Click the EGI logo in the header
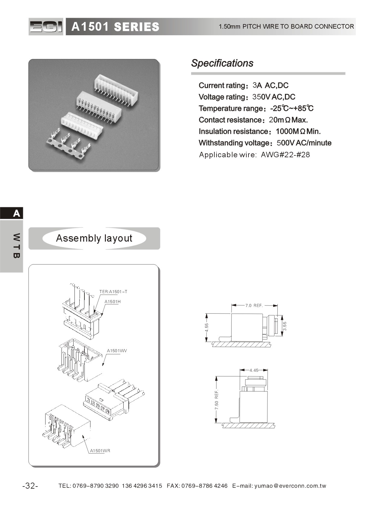point(46,27)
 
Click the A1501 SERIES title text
point(115,27)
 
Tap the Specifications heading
point(222,63)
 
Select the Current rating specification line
point(243,86)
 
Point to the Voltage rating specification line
point(247,97)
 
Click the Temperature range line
point(256,108)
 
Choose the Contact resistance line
point(253,120)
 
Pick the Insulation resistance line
point(259,131)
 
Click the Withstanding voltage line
point(265,143)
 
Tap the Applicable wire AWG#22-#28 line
point(254,155)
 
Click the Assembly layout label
point(94,238)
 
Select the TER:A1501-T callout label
point(113,292)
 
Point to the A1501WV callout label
point(117,351)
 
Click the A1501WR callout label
point(100,451)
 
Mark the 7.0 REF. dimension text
point(254,305)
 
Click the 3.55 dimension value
point(285,326)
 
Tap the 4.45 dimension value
point(254,370)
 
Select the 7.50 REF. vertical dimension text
point(216,400)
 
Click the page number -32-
point(30,486)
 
